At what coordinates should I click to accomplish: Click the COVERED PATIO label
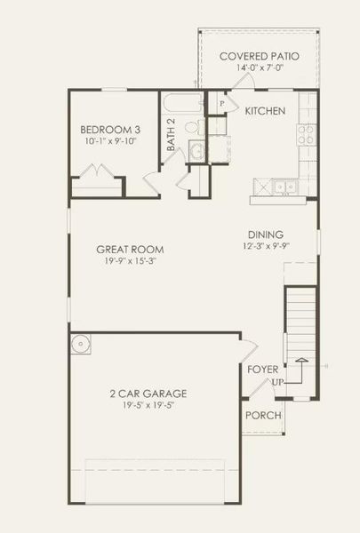[x=259, y=56]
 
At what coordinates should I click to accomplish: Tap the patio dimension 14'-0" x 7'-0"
[x=259, y=69]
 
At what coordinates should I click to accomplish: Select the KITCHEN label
[x=265, y=111]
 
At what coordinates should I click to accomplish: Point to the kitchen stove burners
[x=308, y=133]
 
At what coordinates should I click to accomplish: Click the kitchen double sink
[x=284, y=186]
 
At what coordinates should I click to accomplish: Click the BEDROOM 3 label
[x=106, y=127]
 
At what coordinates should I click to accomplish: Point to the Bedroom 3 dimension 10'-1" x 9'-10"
[x=106, y=141]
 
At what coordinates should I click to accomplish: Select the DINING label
[x=266, y=235]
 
